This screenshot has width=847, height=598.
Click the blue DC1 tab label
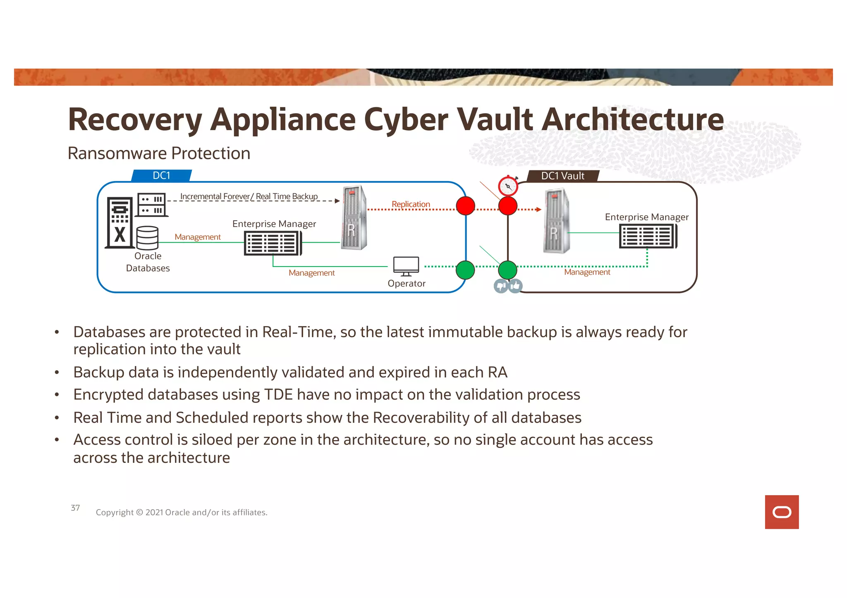coord(161,176)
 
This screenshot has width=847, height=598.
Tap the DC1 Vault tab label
coord(562,176)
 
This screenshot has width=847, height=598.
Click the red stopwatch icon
coord(508,186)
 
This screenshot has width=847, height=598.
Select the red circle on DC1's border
coord(465,206)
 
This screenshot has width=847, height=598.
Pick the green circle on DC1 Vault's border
coord(507,270)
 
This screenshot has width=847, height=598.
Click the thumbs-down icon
coord(501,286)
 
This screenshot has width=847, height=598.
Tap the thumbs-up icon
coord(515,286)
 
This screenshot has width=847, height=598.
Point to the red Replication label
coord(411,204)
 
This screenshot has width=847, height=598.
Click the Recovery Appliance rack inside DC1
coord(354,218)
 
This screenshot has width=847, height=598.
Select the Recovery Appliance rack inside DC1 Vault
coord(556,221)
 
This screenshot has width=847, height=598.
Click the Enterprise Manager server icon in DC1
coord(273,243)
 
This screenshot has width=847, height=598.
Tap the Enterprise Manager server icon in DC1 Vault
coord(648,236)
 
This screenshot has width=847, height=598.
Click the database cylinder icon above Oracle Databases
coord(147,238)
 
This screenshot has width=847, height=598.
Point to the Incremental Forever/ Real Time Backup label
coord(249,196)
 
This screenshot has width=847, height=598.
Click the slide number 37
coord(75,508)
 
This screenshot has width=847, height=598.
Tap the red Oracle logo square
coord(782,512)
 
